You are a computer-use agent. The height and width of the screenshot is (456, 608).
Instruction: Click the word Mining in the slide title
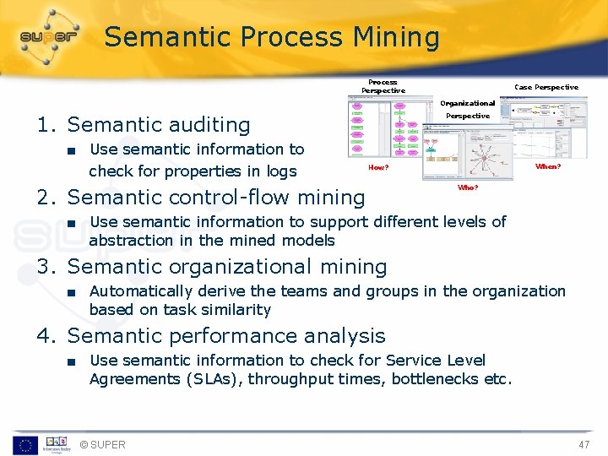point(396,38)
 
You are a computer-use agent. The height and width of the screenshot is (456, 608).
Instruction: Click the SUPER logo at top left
point(49,38)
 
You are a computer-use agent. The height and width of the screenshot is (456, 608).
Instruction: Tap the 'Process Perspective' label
point(383,86)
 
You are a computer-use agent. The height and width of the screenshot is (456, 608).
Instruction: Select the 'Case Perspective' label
point(546,87)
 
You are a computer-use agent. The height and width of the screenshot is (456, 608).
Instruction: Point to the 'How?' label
point(378,167)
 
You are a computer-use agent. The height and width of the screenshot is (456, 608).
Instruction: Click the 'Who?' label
point(467,187)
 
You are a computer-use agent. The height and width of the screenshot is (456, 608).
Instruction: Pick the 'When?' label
point(548,167)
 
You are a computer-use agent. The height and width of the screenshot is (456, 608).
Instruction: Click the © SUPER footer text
point(102,445)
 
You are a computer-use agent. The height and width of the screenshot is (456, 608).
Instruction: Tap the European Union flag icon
point(24,445)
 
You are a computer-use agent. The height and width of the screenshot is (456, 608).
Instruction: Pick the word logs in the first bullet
point(281,171)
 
